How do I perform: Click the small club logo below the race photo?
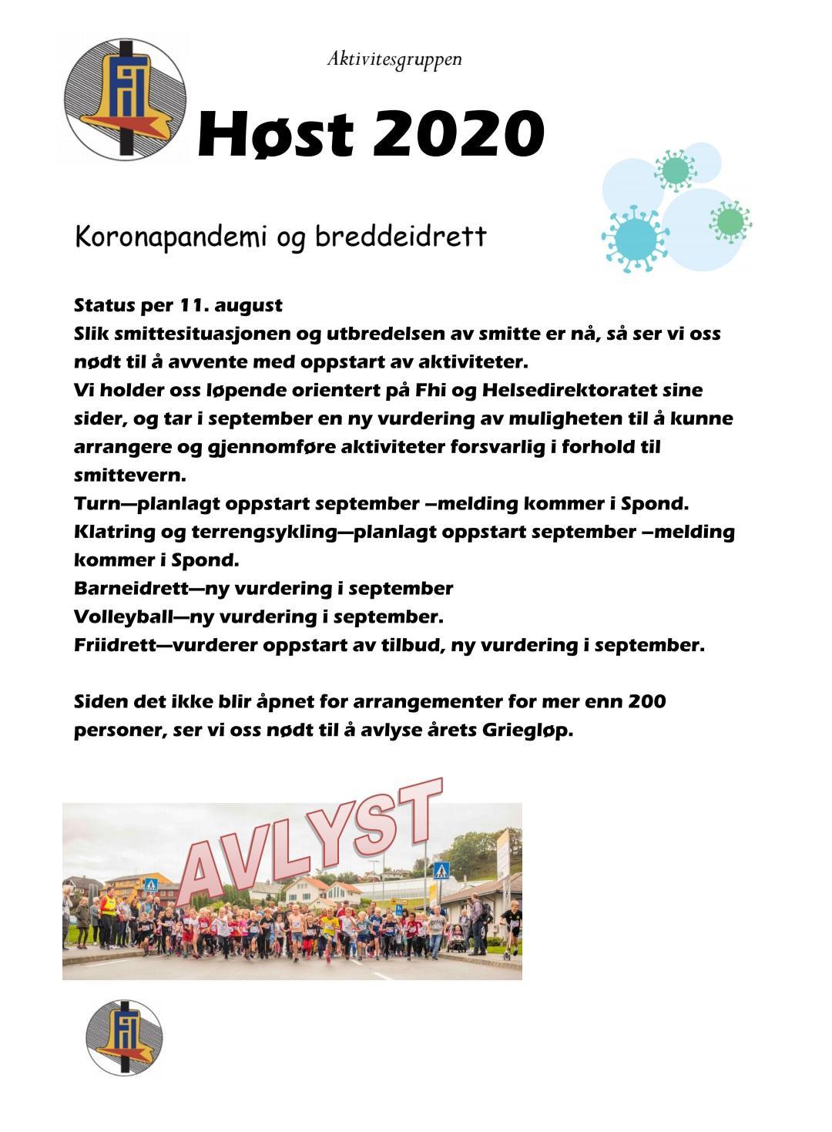point(124,1036)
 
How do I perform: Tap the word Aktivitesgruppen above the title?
point(394,59)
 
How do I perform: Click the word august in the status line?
point(248,305)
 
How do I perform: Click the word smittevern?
point(129,475)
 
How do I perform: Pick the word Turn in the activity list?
point(95,503)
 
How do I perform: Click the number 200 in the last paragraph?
point(647,701)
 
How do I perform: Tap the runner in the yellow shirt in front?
point(330,932)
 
